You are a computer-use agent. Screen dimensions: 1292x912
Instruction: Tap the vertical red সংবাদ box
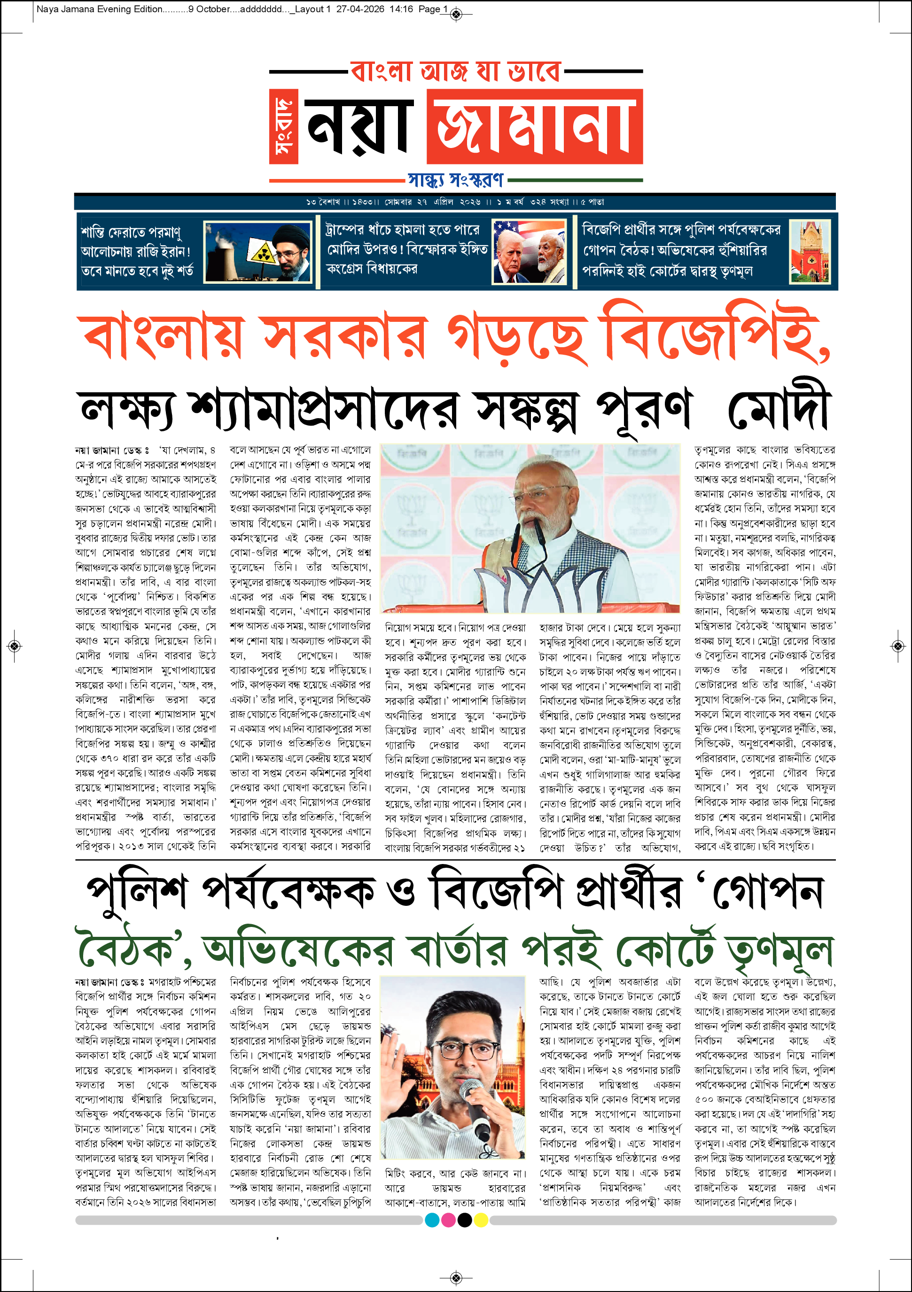(283, 126)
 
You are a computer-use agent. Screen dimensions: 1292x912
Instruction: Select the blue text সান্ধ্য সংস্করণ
(456, 180)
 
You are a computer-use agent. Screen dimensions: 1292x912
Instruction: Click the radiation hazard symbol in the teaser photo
(262, 253)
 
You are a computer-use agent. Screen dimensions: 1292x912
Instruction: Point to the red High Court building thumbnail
(810, 251)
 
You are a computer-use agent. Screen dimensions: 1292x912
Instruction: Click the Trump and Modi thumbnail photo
(530, 251)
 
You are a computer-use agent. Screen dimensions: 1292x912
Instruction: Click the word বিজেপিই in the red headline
(715, 333)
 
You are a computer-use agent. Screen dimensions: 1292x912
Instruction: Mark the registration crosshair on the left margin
(15, 646)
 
